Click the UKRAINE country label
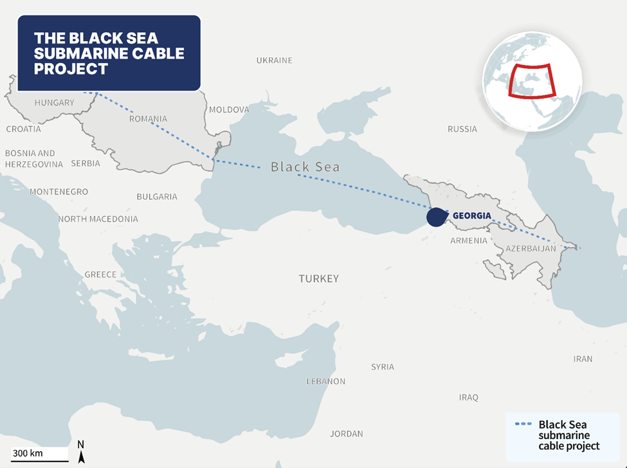click(x=274, y=60)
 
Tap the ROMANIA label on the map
click(x=148, y=119)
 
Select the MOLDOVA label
click(x=229, y=110)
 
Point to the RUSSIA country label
click(x=462, y=129)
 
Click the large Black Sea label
click(x=305, y=167)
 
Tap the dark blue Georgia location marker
click(x=436, y=217)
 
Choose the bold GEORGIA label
click(x=472, y=216)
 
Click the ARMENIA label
click(x=469, y=240)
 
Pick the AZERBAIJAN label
click(x=531, y=248)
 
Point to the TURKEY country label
click(x=318, y=279)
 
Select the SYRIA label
click(x=383, y=367)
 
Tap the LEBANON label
click(x=325, y=381)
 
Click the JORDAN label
click(x=347, y=434)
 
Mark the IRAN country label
click(x=583, y=359)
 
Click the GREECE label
click(x=101, y=274)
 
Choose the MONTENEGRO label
click(x=59, y=192)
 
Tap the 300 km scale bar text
click(x=27, y=453)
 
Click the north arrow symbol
click(x=81, y=454)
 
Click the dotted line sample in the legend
click(x=524, y=424)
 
